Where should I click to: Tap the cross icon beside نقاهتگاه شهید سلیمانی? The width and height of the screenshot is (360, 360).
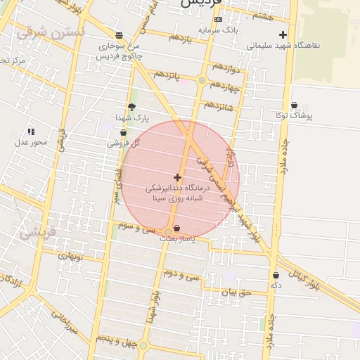[x=283, y=34]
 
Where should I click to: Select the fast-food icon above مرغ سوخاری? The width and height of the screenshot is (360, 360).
[x=118, y=35]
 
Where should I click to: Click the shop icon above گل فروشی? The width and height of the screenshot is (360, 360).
[x=124, y=132]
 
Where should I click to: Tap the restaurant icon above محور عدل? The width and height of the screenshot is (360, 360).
[x=31, y=131]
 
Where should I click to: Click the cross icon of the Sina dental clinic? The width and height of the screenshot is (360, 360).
[x=176, y=178]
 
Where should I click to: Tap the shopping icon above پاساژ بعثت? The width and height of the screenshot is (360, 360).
[x=176, y=229]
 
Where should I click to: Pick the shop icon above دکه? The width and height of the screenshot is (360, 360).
[x=276, y=276]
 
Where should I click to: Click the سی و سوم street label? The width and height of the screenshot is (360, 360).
[x=137, y=227]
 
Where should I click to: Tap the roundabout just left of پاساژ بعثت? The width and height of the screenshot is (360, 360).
[x=167, y=231]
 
